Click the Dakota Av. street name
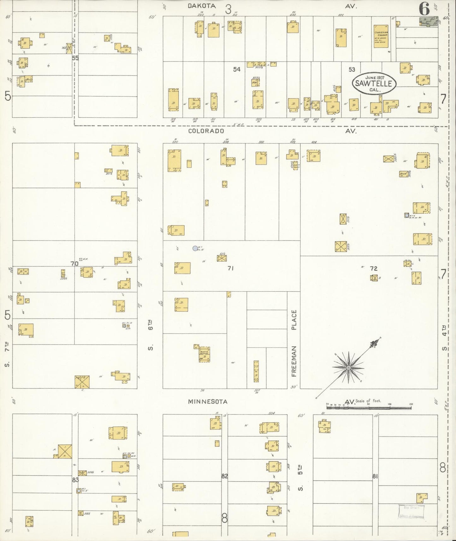[202, 6]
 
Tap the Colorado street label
[206, 131]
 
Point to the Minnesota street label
[208, 402]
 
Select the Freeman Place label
[294, 343]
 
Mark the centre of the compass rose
[348, 368]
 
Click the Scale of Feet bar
[369, 407]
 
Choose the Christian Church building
[381, 36]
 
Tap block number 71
[230, 268]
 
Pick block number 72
[374, 268]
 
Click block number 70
[74, 264]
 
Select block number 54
[237, 69]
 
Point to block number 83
[75, 480]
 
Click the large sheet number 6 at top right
[424, 9]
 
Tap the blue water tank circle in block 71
[195, 248]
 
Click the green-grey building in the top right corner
[429, 22]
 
